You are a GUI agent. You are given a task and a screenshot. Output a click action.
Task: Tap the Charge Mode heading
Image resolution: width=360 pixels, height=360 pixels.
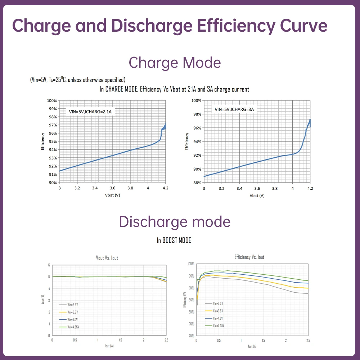(175, 63)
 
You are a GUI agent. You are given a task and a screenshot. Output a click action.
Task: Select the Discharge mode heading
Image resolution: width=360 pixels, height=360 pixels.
(175, 221)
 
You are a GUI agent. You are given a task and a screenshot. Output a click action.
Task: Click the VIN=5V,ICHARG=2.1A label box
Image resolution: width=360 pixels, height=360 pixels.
(90, 112)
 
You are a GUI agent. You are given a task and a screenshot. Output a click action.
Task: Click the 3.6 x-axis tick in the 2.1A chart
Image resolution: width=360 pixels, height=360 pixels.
(112, 188)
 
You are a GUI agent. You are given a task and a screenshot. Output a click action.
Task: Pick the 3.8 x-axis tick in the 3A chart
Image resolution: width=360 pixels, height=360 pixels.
(275, 188)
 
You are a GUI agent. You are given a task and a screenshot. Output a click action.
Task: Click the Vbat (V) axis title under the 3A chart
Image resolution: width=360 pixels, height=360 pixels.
(257, 195)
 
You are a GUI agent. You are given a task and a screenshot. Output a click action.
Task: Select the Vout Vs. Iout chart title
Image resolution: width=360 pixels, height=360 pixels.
(107, 258)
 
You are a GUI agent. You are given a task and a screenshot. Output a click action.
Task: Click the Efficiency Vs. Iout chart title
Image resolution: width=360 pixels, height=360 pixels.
(249, 257)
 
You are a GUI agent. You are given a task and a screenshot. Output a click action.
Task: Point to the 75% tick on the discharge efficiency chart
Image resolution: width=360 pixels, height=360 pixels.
(191, 324)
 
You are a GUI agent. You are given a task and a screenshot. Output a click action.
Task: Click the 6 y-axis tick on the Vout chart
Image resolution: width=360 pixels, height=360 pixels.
(49, 265)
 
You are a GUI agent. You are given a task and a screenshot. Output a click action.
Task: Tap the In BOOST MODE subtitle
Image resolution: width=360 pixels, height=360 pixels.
(174, 240)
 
